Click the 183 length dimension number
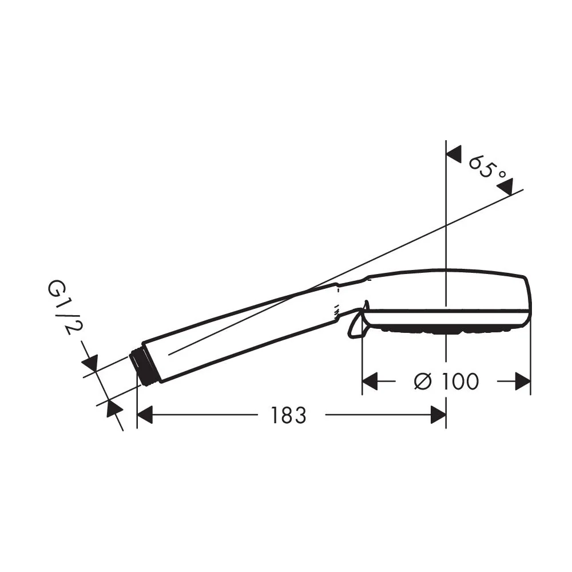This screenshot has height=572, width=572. tap(288, 415)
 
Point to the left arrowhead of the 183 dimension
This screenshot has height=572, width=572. tap(144, 415)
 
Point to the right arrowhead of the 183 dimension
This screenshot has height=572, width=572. tap(438, 415)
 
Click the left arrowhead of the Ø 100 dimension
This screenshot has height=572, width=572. tap(370, 381)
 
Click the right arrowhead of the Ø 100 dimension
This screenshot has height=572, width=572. tap(522, 381)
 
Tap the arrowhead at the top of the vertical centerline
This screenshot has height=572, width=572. tap(454, 155)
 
